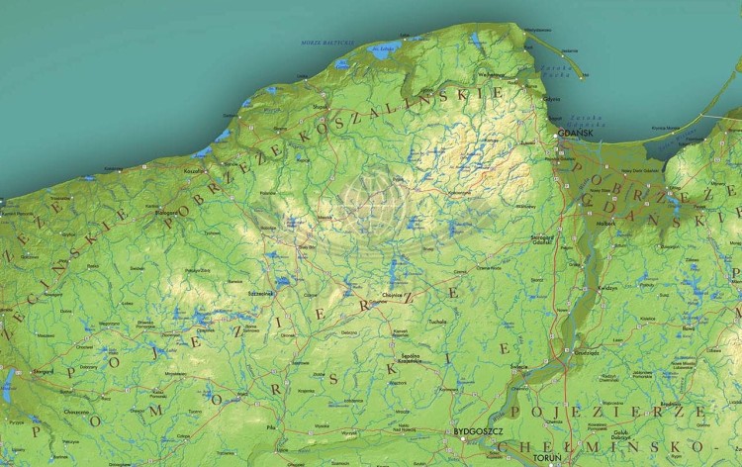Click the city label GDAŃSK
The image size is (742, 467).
575,132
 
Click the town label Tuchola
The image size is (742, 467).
437,322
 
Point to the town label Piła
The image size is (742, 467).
270,426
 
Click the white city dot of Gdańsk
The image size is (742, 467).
565,140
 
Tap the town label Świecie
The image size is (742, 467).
520,367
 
